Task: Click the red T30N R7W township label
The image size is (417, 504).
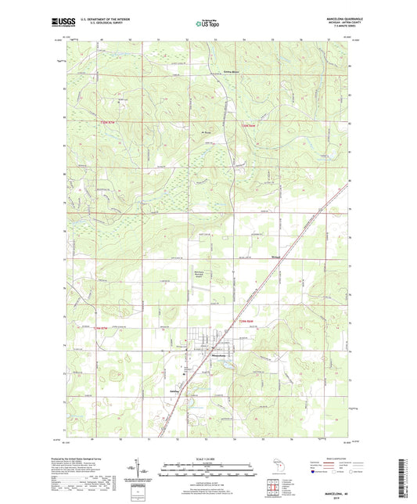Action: pos(106,123)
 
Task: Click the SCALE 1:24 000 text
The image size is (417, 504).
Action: pos(207,458)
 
